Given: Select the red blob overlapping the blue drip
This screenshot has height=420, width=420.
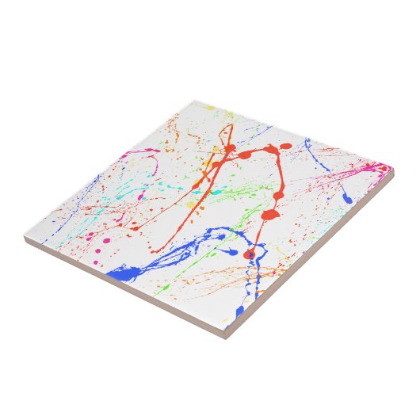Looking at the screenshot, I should pyautogui.click(x=250, y=254).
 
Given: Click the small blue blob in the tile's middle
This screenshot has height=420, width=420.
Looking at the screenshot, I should pyautogui.click(x=231, y=251).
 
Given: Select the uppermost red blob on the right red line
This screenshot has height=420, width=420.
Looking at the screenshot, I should pyautogui.click(x=283, y=147).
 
